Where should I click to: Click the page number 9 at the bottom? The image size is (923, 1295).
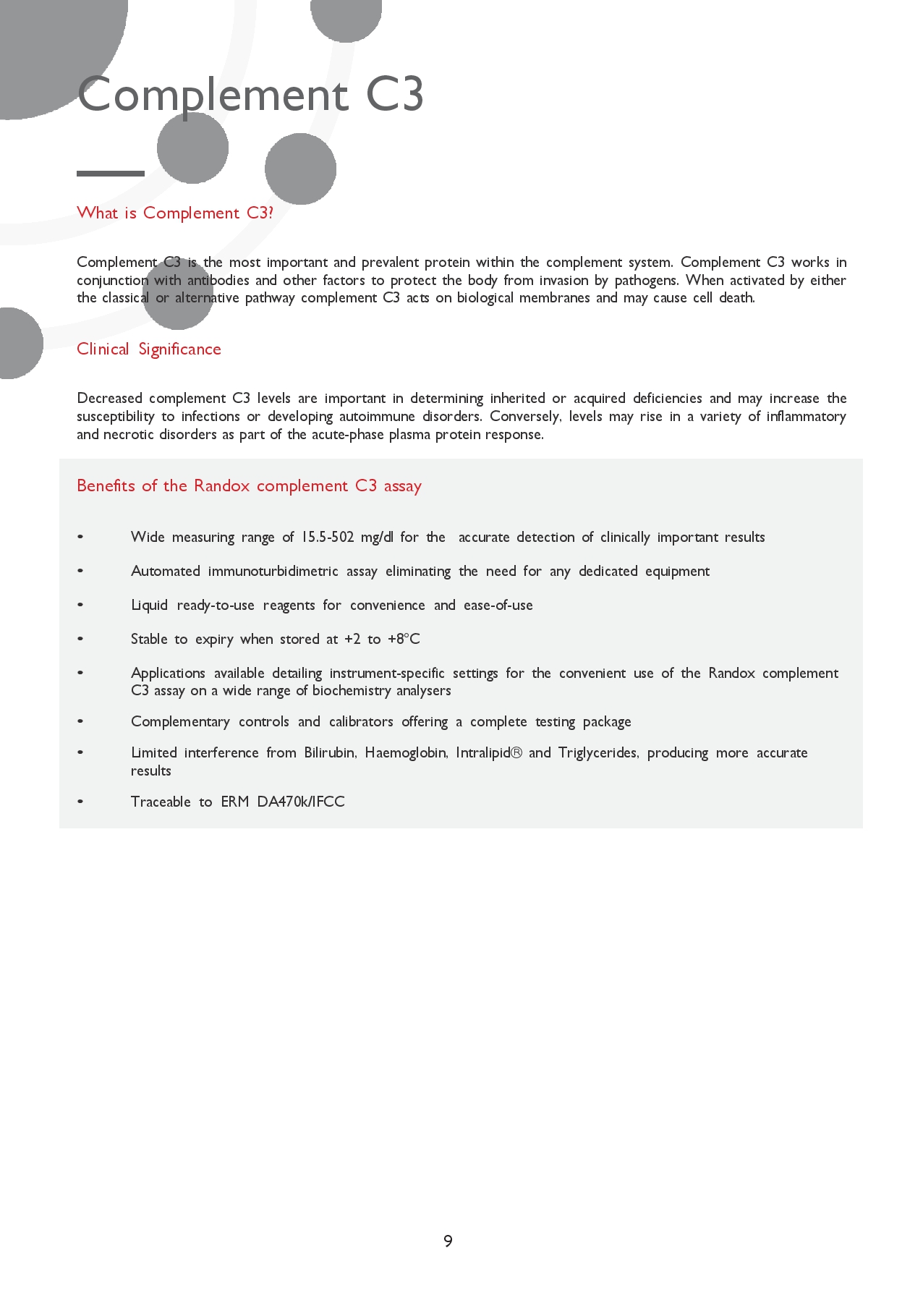pyautogui.click(x=448, y=1241)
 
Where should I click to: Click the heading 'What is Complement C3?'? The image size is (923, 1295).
pyautogui.click(x=175, y=213)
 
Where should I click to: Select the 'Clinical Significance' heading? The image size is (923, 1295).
pyautogui.click(x=149, y=349)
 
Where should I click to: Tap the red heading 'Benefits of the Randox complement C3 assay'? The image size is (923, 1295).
pyautogui.click(x=249, y=485)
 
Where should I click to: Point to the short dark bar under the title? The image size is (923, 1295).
pyautogui.click(x=111, y=174)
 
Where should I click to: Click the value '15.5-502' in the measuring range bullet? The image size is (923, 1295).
pyautogui.click(x=328, y=537)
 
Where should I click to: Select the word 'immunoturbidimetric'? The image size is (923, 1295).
pyautogui.click(x=273, y=571)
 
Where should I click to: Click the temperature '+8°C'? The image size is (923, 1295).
pyautogui.click(x=404, y=639)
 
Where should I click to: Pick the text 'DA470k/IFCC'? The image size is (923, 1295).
pyautogui.click(x=301, y=802)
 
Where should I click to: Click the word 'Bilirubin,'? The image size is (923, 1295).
pyautogui.click(x=330, y=752)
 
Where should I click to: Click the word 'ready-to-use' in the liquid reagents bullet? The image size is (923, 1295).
pyautogui.click(x=216, y=605)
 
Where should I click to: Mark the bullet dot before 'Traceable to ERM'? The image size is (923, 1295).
pyautogui.click(x=80, y=802)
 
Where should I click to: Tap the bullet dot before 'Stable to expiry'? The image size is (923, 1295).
pyautogui.click(x=80, y=639)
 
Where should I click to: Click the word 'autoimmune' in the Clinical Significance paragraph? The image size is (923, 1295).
pyautogui.click(x=376, y=416)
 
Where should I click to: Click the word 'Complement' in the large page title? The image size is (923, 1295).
pyautogui.click(x=213, y=95)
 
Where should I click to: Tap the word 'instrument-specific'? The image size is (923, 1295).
pyautogui.click(x=387, y=673)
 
